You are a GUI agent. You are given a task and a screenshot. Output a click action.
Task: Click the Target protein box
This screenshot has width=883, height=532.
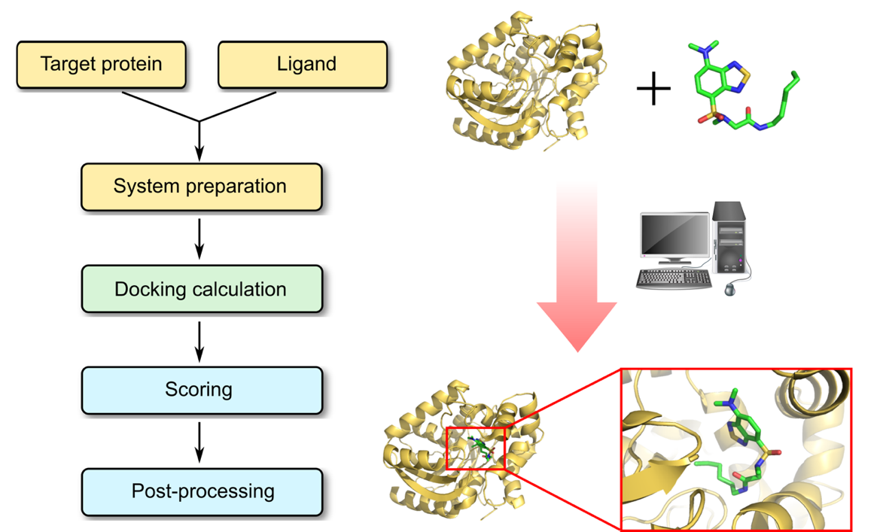(x=101, y=64)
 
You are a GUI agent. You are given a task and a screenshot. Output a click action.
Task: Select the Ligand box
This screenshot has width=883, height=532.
(x=303, y=64)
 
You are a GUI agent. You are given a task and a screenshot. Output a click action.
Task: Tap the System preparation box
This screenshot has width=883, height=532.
(x=201, y=186)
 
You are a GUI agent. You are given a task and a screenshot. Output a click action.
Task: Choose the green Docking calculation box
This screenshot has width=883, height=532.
(x=201, y=289)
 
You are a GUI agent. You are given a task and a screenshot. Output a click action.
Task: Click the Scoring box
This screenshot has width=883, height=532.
(x=201, y=390)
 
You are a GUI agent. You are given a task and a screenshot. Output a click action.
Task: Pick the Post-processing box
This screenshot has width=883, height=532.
(x=201, y=492)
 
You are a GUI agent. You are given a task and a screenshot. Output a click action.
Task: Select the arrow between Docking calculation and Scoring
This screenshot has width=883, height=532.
(x=199, y=341)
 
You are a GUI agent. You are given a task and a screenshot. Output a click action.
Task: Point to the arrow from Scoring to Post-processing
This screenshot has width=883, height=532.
(x=199, y=442)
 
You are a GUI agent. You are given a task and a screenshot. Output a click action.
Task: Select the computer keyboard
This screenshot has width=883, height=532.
(x=674, y=279)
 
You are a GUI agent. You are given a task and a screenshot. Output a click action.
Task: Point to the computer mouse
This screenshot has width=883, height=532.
(x=731, y=289)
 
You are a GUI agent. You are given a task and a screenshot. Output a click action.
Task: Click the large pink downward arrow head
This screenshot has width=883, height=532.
(x=577, y=324)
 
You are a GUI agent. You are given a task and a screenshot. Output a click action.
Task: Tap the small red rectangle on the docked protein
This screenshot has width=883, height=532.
(x=475, y=448)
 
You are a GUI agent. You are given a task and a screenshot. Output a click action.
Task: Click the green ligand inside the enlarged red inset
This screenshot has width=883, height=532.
(x=741, y=444)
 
